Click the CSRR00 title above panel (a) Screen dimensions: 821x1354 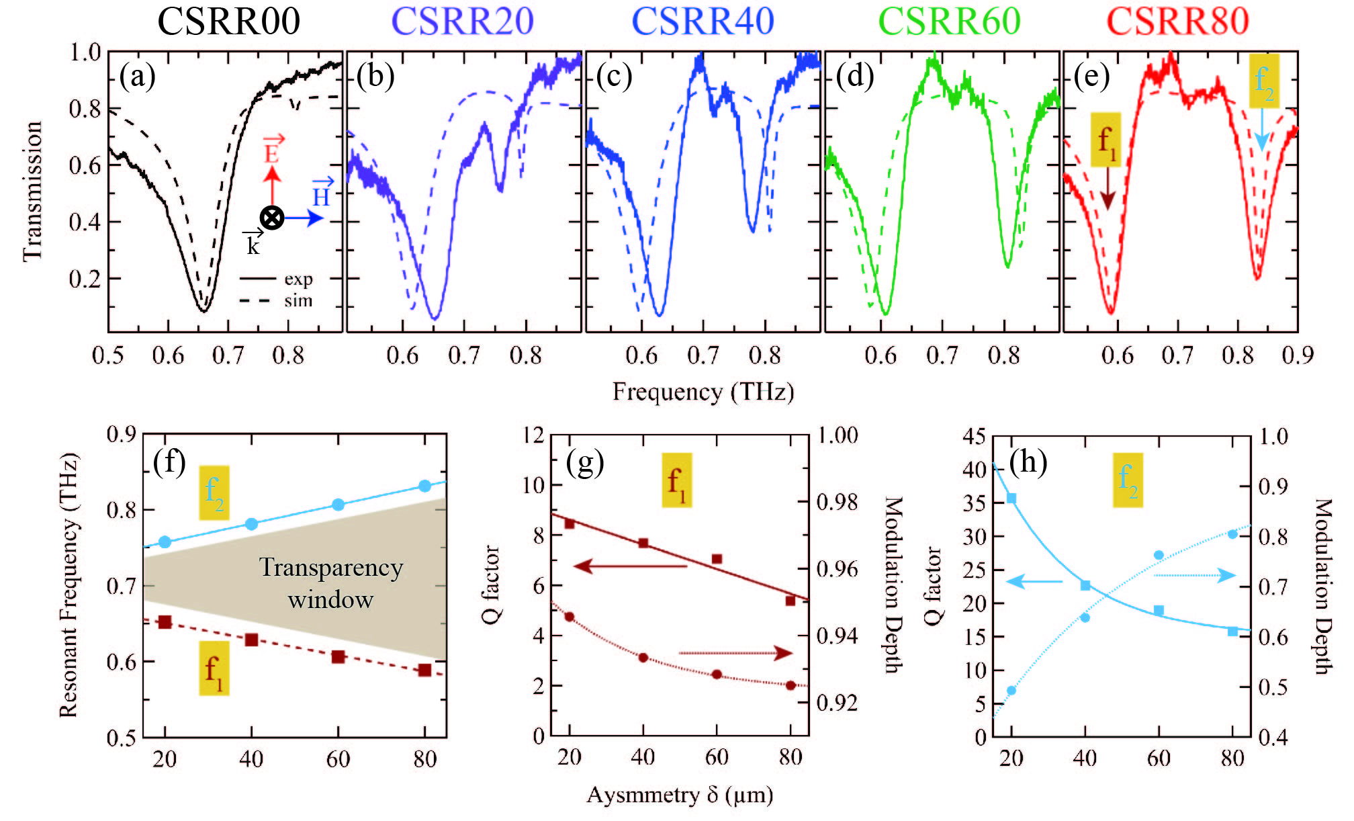coord(228,21)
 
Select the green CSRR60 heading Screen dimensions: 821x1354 coord(949,21)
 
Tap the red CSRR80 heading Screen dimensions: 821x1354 coord(1177,21)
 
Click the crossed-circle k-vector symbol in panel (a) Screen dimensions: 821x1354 coord(272,218)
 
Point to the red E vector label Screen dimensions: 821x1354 coord(272,151)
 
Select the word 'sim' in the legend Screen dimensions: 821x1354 coord(298,300)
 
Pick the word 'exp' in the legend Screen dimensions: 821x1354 coord(298,279)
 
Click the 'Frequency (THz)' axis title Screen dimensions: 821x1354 coord(703,391)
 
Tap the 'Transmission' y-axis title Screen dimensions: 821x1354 coord(32,191)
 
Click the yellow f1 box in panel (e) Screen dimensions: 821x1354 coord(1105,140)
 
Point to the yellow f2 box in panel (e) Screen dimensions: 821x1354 coord(1263,81)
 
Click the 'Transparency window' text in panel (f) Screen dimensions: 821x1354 coord(331,583)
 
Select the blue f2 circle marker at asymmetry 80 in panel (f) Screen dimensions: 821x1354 coord(424,486)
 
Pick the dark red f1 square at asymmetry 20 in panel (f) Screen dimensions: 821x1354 coord(165,622)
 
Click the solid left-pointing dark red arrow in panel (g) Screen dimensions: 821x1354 coord(629,566)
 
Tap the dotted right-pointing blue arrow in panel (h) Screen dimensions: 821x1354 coord(1195,575)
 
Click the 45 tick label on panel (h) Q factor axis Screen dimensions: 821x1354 coord(975,437)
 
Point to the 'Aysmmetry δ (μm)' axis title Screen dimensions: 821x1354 coord(680,795)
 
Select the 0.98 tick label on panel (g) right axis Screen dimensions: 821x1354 coord(838,502)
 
